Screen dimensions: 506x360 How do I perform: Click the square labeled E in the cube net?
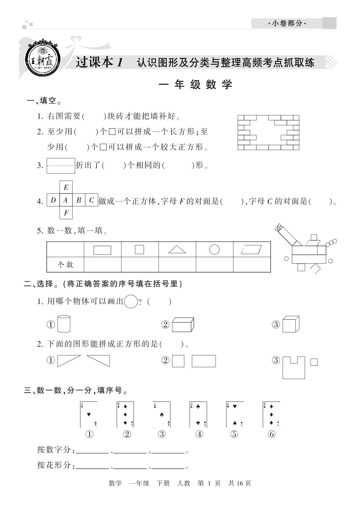click(66, 187)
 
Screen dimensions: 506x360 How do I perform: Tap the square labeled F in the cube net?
click(66, 213)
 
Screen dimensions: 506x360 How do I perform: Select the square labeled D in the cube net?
click(53, 200)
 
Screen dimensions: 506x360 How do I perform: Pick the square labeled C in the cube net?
click(92, 200)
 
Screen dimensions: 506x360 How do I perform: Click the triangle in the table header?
click(177, 250)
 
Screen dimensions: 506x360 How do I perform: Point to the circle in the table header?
click(214, 250)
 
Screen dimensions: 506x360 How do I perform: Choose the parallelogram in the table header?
click(252, 250)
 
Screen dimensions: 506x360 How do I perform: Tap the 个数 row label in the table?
click(65, 264)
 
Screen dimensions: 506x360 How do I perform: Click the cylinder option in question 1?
click(64, 324)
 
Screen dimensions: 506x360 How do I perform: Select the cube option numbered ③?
click(291, 324)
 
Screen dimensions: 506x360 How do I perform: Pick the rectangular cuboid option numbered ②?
click(183, 324)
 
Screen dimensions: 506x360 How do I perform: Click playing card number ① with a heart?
click(89, 414)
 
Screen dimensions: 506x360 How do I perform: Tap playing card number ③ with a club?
click(162, 414)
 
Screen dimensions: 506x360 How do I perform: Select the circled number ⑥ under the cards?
click(272, 434)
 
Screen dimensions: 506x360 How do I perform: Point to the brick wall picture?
click(268, 133)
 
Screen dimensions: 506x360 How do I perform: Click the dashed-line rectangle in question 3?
click(61, 165)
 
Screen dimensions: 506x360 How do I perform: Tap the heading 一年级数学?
click(196, 85)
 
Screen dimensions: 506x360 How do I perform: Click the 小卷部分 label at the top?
click(287, 23)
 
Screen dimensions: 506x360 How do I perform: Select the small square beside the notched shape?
click(314, 362)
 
